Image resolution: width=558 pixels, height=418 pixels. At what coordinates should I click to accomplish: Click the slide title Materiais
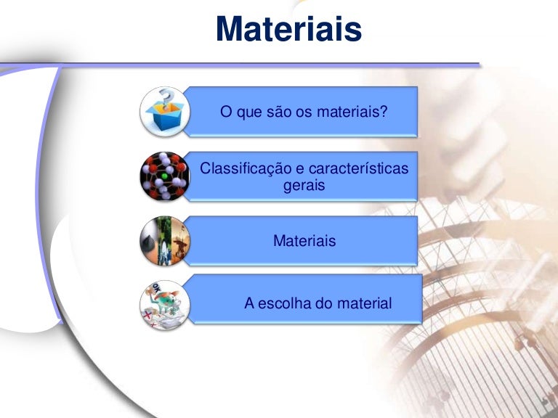tap(288, 30)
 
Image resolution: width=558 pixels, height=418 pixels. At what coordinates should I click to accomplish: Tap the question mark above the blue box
tap(167, 97)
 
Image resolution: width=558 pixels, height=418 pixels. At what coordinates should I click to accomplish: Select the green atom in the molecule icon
tap(166, 176)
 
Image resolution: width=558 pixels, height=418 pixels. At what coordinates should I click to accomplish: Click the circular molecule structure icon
tap(165, 176)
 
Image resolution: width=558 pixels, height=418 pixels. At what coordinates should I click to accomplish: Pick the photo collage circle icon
tap(165, 241)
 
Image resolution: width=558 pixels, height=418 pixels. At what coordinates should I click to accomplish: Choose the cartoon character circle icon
tap(165, 305)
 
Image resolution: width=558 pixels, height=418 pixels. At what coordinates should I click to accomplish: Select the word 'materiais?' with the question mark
tap(352, 112)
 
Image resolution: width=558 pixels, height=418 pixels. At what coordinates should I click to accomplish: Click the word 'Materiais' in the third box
tap(304, 241)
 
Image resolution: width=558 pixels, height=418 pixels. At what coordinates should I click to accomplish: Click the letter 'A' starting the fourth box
tap(249, 303)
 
